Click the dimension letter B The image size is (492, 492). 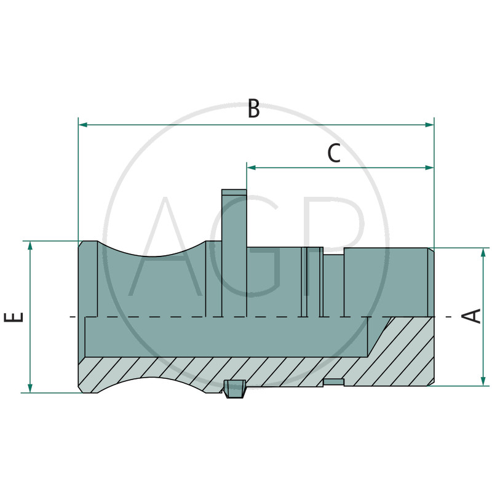(x=254, y=108)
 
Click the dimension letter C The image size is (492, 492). (x=334, y=153)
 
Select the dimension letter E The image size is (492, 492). (x=14, y=317)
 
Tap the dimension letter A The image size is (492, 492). (x=472, y=315)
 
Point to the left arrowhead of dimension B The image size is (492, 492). (x=83, y=125)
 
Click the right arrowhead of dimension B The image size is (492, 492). (x=429, y=125)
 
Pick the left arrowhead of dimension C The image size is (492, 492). (x=252, y=168)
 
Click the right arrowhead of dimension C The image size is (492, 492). (x=429, y=168)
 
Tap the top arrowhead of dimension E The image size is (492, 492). (x=30, y=245)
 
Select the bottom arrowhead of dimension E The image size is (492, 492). (x=30, y=388)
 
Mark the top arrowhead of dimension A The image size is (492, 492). (x=483, y=253)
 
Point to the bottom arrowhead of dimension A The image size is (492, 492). (x=483, y=381)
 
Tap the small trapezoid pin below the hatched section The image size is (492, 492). (x=234, y=389)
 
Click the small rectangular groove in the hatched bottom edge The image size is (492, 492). (x=333, y=382)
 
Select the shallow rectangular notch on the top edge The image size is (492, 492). (x=333, y=251)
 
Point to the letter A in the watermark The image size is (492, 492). (x=165, y=247)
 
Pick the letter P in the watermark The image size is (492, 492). (x=336, y=247)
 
